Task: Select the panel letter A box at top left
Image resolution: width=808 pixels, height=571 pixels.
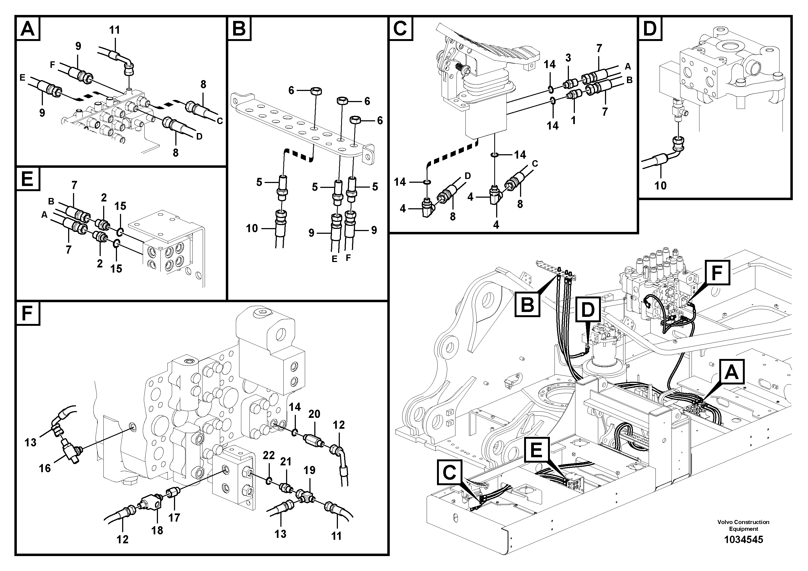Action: (28, 29)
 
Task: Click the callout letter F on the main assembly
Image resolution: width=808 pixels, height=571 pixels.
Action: (717, 273)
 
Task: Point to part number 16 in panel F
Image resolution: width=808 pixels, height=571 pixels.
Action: (45, 468)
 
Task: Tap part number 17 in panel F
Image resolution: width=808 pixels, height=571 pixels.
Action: (174, 517)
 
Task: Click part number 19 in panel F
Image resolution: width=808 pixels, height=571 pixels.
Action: (309, 470)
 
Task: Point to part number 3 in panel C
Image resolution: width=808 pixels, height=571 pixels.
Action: (568, 58)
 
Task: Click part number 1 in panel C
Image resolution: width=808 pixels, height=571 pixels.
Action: (573, 120)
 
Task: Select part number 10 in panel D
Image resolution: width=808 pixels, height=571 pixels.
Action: (660, 185)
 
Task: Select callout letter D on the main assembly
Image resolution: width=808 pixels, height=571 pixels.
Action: (588, 310)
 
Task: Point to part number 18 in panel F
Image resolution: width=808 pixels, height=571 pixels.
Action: (157, 530)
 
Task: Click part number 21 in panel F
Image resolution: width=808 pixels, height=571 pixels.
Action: (286, 462)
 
